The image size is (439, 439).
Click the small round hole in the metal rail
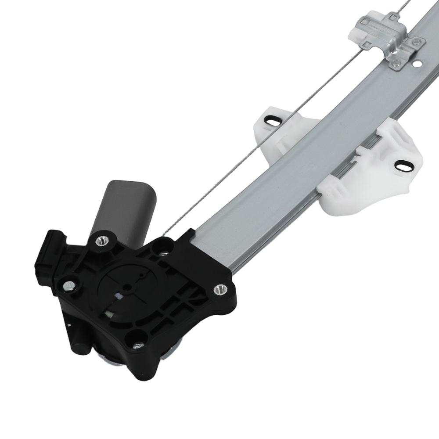point(415,64)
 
